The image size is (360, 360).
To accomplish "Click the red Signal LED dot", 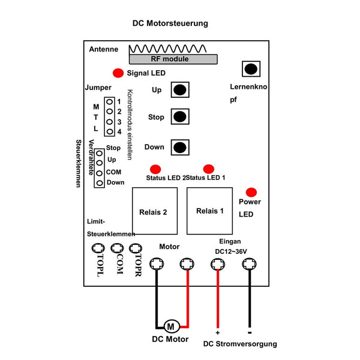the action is point(118,73).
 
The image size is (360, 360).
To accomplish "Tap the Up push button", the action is point(180,90).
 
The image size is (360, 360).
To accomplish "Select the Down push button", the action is point(180,148).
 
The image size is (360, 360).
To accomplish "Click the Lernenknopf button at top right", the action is point(251,69).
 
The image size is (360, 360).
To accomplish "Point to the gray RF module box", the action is point(173,59).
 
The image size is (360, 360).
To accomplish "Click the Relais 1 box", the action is point(209,211).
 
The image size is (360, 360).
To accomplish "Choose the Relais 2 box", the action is point(155,211).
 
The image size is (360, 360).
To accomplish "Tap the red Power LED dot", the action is point(251,193).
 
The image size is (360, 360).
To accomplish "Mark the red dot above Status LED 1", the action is point(209,169).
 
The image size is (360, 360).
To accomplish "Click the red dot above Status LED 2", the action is point(155,169).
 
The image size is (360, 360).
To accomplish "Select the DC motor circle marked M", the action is point(172,326).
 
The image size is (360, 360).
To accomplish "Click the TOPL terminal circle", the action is point(98,248).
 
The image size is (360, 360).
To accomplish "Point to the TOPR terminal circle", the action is point(136,248).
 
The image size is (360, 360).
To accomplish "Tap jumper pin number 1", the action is point(110,102).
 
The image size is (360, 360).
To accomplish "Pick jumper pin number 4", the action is point(110,132).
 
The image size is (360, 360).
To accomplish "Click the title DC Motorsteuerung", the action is point(170,23).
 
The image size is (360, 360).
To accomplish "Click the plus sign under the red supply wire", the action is point(217,332).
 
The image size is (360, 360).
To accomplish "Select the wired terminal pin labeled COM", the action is point(99,173).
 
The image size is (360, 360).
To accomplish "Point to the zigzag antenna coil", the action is point(168,49).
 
